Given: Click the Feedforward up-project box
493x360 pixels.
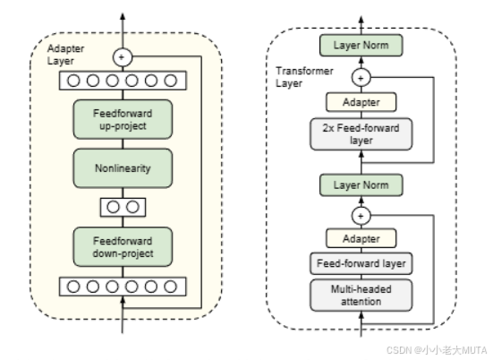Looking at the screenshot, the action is pos(123,119).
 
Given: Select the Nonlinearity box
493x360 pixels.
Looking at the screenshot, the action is pos(123,168).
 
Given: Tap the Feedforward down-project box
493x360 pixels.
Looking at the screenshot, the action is pos(123,247).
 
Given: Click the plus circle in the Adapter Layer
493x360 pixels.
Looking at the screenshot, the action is pos(123,57).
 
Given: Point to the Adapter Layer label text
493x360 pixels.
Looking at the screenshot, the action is pos(65,55).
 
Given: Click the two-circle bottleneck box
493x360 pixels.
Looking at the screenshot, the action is pos(123,207).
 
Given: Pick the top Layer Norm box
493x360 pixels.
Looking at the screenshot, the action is pos(361,46).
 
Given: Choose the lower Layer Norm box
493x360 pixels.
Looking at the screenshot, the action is pos(361,185).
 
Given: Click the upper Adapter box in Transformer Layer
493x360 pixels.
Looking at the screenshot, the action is pos(361,102).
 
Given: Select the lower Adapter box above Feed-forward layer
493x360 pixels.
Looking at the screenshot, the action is pos(361,238).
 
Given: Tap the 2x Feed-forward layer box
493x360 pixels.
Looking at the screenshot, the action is pos(361,134).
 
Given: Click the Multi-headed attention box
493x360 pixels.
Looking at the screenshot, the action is pos(361,296).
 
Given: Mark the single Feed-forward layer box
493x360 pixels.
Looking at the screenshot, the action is pos(361,263).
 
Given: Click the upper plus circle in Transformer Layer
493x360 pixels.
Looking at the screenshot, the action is pos(361,77).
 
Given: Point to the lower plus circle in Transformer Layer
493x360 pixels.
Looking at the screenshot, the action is pos(361,216).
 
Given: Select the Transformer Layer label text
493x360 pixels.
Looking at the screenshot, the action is pos(304,77).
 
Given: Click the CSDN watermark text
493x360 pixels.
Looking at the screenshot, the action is pos(437,350).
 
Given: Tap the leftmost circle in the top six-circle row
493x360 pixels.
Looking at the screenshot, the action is pos(73,81).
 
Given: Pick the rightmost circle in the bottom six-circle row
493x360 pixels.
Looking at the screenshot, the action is pos(170,287).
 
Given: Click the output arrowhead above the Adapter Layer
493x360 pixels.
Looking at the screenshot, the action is pos(123,16).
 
